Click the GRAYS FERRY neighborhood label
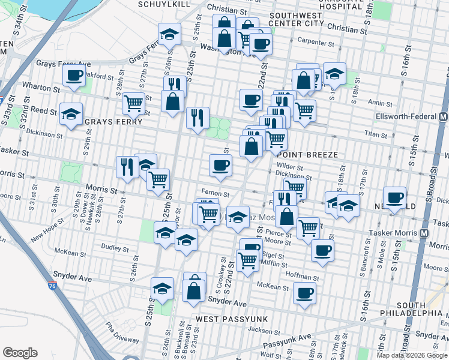tap(113, 122)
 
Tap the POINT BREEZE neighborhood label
tap(309, 155)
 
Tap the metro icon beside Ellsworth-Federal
tap(443, 116)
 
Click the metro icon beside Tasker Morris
tap(425, 232)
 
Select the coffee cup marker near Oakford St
tap(74, 76)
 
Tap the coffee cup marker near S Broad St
tap(394, 197)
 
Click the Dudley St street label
tap(112, 245)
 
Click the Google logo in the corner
tap(20, 353)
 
